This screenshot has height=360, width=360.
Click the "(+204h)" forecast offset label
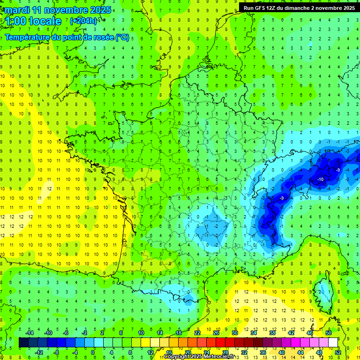(x=83, y=21)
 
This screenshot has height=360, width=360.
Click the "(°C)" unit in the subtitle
(x=122, y=37)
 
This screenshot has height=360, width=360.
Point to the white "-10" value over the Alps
(x=321, y=180)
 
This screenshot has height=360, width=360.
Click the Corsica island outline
(x=321, y=291)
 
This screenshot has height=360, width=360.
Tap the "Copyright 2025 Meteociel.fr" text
(x=200, y=357)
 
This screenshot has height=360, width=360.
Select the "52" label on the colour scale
(x=338, y=352)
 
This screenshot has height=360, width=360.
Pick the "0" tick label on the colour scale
(x=92, y=352)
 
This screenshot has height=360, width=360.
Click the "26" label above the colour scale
(x=216, y=333)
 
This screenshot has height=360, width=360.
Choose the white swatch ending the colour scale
(x=333, y=343)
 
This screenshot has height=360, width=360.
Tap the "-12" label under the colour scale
(x=39, y=352)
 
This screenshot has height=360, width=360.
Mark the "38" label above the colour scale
(x=272, y=333)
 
